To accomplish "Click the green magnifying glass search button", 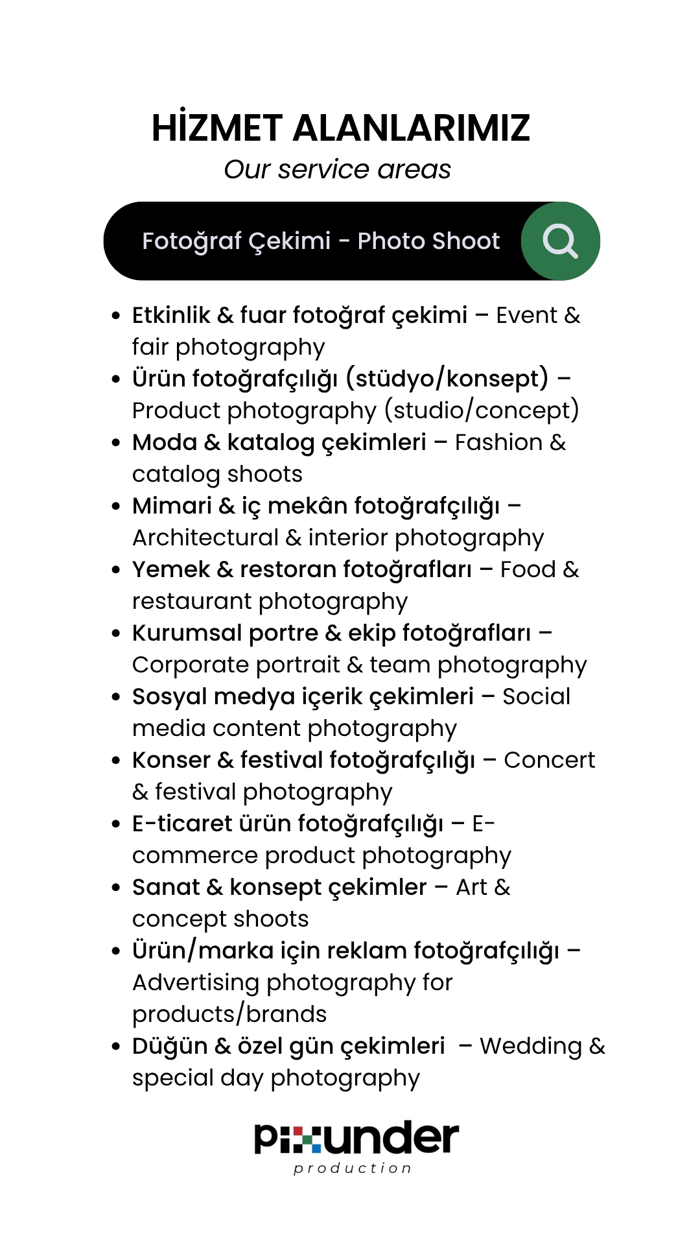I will pos(561,241).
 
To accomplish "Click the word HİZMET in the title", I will pos(216,128).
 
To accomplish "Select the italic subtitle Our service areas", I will pos(337,169).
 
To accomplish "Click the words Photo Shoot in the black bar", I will pos(428,241).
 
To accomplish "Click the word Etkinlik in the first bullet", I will pos(171,315).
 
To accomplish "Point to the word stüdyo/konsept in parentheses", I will pos(447,379).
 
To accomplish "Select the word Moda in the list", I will pos(165,442).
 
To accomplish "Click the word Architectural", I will pos(205,538).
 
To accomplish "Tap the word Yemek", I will pos(171,569).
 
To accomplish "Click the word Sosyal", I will pos(169,696).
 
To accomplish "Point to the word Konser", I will pos(171,760).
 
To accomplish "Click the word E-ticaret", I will pos(182,824).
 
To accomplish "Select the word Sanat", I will pos(166,887).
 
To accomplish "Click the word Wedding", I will pos(531,1046).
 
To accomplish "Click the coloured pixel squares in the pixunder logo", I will pos(306,1139).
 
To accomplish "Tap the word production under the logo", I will pos(352,1168).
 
